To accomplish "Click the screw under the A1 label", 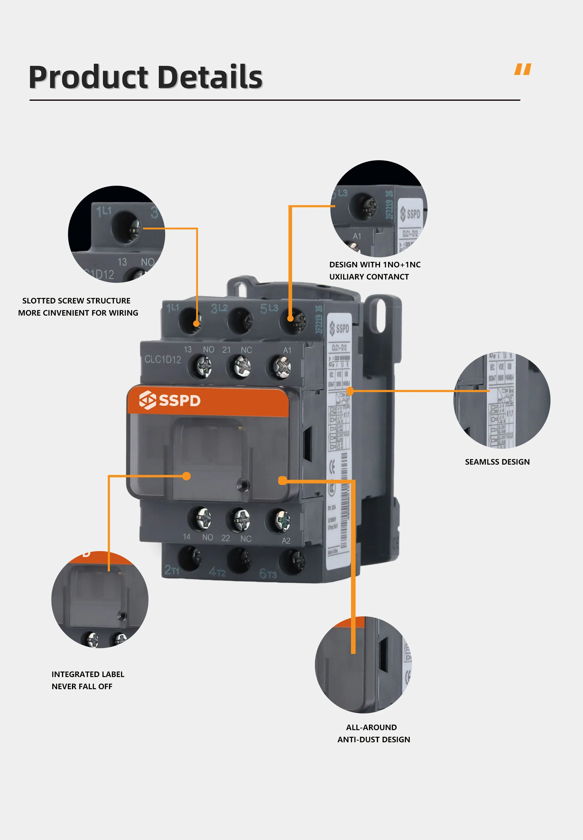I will pyautogui.click(x=282, y=367).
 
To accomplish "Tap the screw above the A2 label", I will pyautogui.click(x=282, y=520).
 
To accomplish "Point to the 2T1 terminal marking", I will pyautogui.click(x=171, y=570).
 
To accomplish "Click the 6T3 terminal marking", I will pyautogui.click(x=268, y=574).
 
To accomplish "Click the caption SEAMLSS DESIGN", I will pyautogui.click(x=497, y=462).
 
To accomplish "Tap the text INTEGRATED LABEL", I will pyautogui.click(x=88, y=674).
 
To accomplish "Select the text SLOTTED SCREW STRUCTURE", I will pyautogui.click(x=76, y=300).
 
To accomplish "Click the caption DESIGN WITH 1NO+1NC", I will pyautogui.click(x=374, y=264).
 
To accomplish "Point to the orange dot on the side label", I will pyautogui.click(x=350, y=391).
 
